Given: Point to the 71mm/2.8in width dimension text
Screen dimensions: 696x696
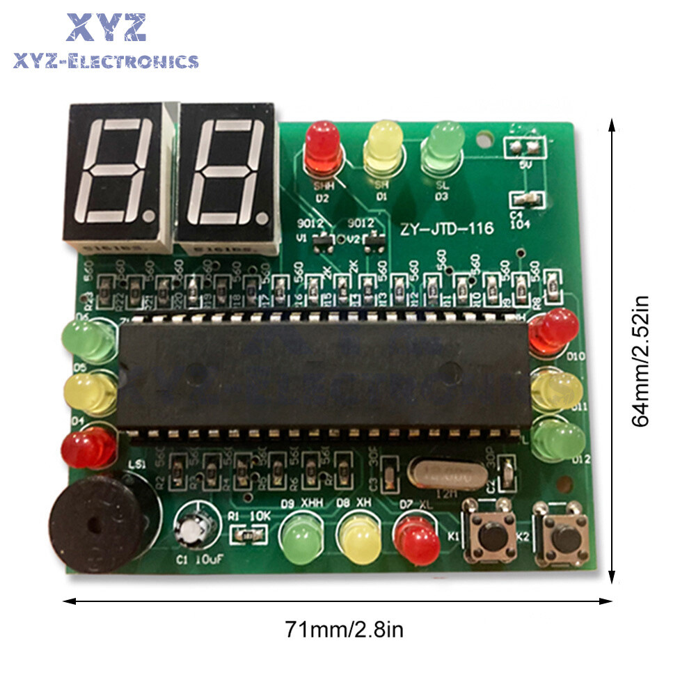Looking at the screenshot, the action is click(x=344, y=631).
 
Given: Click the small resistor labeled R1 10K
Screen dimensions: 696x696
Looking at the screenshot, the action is click(x=247, y=535).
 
